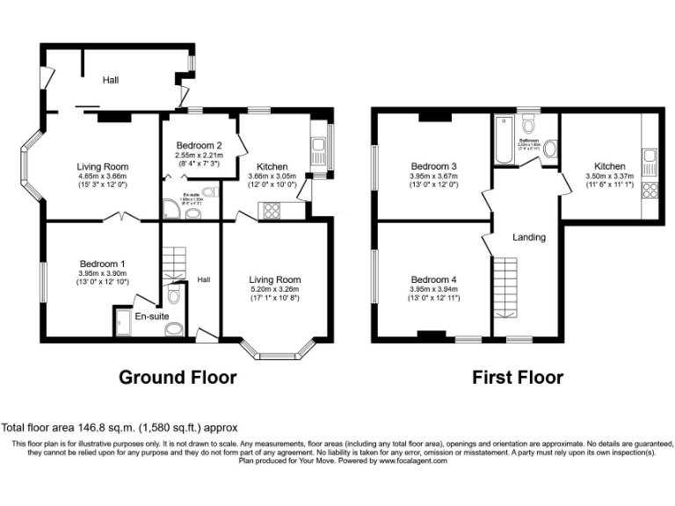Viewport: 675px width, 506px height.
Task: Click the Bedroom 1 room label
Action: pos(103,263)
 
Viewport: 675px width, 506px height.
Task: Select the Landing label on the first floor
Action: pos(529,236)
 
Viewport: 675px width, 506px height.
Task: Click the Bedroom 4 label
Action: pos(433,279)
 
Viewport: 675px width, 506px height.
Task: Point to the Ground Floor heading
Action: pos(178,378)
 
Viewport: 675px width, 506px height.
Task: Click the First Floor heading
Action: pos(518,378)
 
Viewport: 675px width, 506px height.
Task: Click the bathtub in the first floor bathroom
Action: pos(504,141)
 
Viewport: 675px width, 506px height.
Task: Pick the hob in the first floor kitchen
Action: pos(651,192)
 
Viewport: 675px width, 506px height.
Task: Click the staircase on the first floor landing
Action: pos(506,286)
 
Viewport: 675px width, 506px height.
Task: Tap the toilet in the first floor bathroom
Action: pos(550,150)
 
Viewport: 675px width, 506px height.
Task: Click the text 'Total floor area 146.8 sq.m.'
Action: pos(81,427)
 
